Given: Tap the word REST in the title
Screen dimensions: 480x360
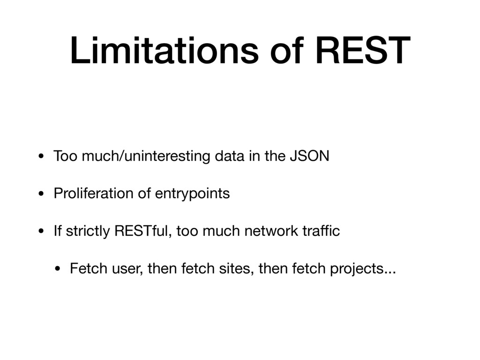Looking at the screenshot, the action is click(x=363, y=50).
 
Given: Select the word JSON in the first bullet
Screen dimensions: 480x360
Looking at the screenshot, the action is click(x=309, y=156).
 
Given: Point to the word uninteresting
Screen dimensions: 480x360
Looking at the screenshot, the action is click(x=167, y=156).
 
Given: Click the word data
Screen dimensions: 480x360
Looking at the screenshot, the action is click(x=229, y=156).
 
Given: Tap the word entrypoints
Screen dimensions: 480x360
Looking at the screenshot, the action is click(x=192, y=194).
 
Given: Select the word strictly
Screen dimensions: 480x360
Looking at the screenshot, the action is click(x=88, y=231).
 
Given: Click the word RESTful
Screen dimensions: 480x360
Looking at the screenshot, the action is click(x=141, y=231).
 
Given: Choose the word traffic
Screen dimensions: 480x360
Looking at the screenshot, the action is click(x=321, y=231).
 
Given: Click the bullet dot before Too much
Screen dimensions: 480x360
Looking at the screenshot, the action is click(x=41, y=157).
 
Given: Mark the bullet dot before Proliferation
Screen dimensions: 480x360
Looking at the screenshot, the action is click(x=41, y=194).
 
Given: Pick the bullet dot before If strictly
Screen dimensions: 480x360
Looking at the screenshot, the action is click(x=41, y=232).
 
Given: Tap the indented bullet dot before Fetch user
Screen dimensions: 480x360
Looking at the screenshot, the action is click(x=58, y=269).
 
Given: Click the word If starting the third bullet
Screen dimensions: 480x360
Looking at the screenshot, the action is click(x=58, y=231).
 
